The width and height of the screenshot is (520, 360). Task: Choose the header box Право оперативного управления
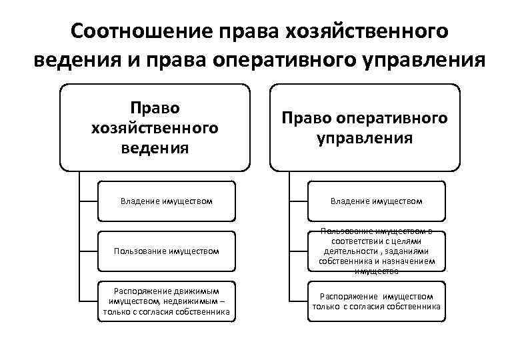[x=365, y=127]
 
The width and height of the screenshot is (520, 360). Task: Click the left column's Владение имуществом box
[x=167, y=200]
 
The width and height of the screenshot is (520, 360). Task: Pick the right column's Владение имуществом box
[x=377, y=200]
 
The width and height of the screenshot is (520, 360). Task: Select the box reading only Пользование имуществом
[x=167, y=251]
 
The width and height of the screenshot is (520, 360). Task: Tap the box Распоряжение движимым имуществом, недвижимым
[x=167, y=301]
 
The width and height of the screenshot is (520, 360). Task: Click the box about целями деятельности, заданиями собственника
[x=377, y=251]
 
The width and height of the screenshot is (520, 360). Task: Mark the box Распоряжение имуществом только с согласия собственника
[x=377, y=301]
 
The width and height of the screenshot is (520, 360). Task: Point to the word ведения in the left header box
[x=155, y=147]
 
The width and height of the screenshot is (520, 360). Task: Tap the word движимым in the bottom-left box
[x=195, y=291]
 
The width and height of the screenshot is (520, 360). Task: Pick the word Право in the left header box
[x=155, y=107]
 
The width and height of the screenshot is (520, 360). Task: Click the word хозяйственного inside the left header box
[x=155, y=127]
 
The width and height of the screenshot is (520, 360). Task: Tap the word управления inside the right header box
[x=365, y=139]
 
